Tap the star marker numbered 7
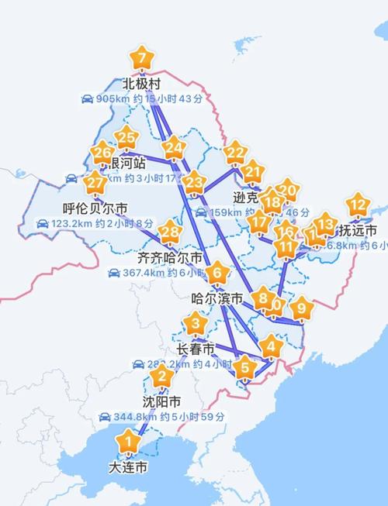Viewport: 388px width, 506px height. pos(141,59)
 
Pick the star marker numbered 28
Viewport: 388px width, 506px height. pos(170,232)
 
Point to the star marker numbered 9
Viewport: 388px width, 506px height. pos(302,308)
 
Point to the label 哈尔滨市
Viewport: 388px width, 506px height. pos(217,298)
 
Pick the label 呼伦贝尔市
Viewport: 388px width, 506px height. pos(95,208)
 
